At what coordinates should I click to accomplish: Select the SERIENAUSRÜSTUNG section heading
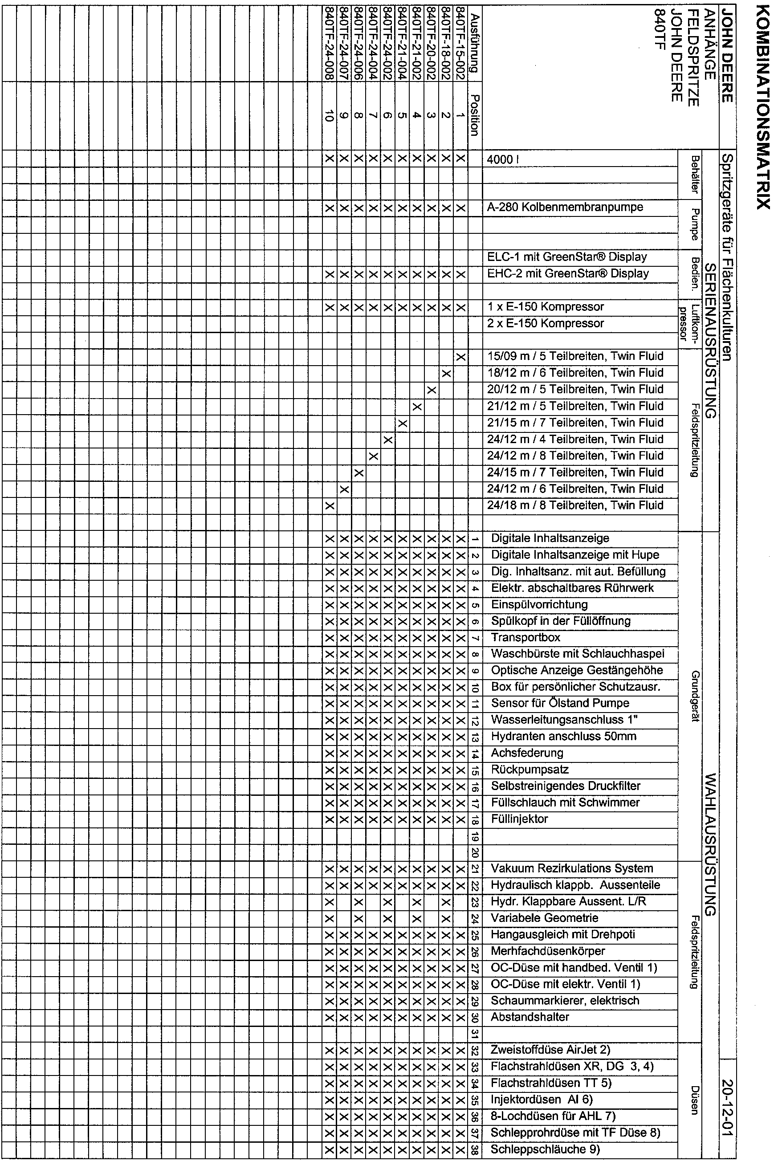click(710, 341)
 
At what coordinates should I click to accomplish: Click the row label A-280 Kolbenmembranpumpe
click(565, 208)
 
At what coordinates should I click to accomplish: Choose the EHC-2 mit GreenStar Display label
click(568, 273)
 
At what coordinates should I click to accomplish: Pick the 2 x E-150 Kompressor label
click(546, 323)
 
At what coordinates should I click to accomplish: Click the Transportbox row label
click(526, 638)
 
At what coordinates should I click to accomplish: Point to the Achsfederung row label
click(527, 753)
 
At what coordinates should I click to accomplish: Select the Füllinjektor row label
click(519, 819)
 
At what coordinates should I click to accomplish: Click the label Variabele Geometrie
click(545, 918)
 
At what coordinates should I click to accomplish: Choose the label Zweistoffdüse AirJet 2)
click(550, 1050)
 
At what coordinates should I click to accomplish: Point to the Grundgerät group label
click(696, 696)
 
